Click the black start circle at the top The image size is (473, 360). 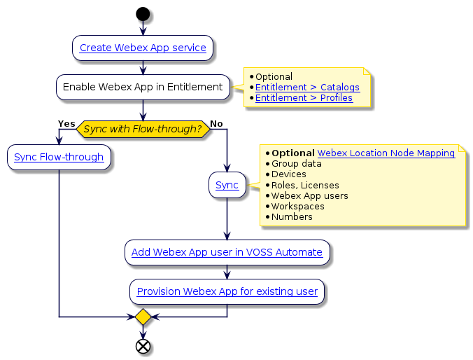click(x=143, y=13)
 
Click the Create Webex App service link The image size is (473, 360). click(x=143, y=48)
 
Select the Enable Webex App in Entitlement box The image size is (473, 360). click(x=143, y=87)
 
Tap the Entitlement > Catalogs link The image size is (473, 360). click(x=307, y=88)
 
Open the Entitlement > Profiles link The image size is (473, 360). click(x=304, y=98)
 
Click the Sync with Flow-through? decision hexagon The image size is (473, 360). click(x=143, y=129)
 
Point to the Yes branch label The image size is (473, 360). click(x=66, y=124)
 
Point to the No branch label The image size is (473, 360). click(x=216, y=124)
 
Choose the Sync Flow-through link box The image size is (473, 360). click(x=59, y=157)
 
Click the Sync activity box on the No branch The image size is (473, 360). click(x=227, y=185)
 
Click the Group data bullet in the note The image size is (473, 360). click(x=296, y=164)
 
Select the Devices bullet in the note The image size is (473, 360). click(x=288, y=174)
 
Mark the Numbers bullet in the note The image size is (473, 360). click(x=292, y=217)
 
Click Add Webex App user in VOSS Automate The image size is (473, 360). click(x=227, y=252)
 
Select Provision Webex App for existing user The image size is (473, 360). click(x=227, y=291)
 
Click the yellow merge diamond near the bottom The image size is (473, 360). click(x=143, y=317)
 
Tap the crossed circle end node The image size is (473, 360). click(x=143, y=346)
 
